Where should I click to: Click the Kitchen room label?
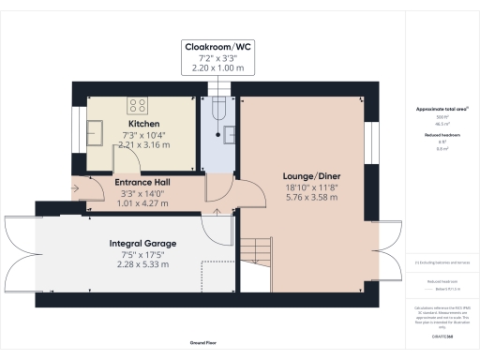(x=143, y=124)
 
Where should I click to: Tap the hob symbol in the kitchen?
(x=137, y=105)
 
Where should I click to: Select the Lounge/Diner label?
(x=311, y=175)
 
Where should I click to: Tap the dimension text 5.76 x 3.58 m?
(x=311, y=198)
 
